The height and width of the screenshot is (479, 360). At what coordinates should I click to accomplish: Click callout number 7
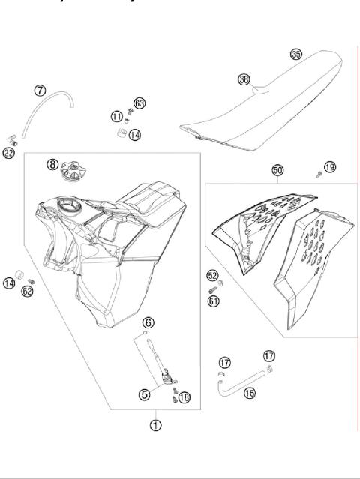(40, 90)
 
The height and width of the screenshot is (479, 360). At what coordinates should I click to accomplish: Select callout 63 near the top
(139, 103)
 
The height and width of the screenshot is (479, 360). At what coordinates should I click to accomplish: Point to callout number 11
(116, 116)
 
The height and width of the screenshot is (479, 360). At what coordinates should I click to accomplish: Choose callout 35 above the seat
(296, 54)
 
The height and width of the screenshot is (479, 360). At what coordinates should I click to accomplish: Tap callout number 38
(244, 79)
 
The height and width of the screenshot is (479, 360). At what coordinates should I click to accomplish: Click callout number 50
(277, 171)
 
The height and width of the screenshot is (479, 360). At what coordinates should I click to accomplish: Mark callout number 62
(28, 292)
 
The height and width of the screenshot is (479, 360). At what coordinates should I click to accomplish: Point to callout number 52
(213, 276)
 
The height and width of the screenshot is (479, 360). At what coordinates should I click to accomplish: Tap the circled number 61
(213, 301)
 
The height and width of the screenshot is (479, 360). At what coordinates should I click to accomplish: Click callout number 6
(148, 322)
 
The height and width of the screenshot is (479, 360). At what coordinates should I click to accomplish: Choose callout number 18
(184, 397)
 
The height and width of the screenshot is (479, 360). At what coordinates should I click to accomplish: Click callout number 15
(249, 392)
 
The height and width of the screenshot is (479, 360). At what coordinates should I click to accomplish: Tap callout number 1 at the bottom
(155, 425)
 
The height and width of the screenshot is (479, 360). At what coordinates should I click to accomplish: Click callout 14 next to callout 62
(9, 283)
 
